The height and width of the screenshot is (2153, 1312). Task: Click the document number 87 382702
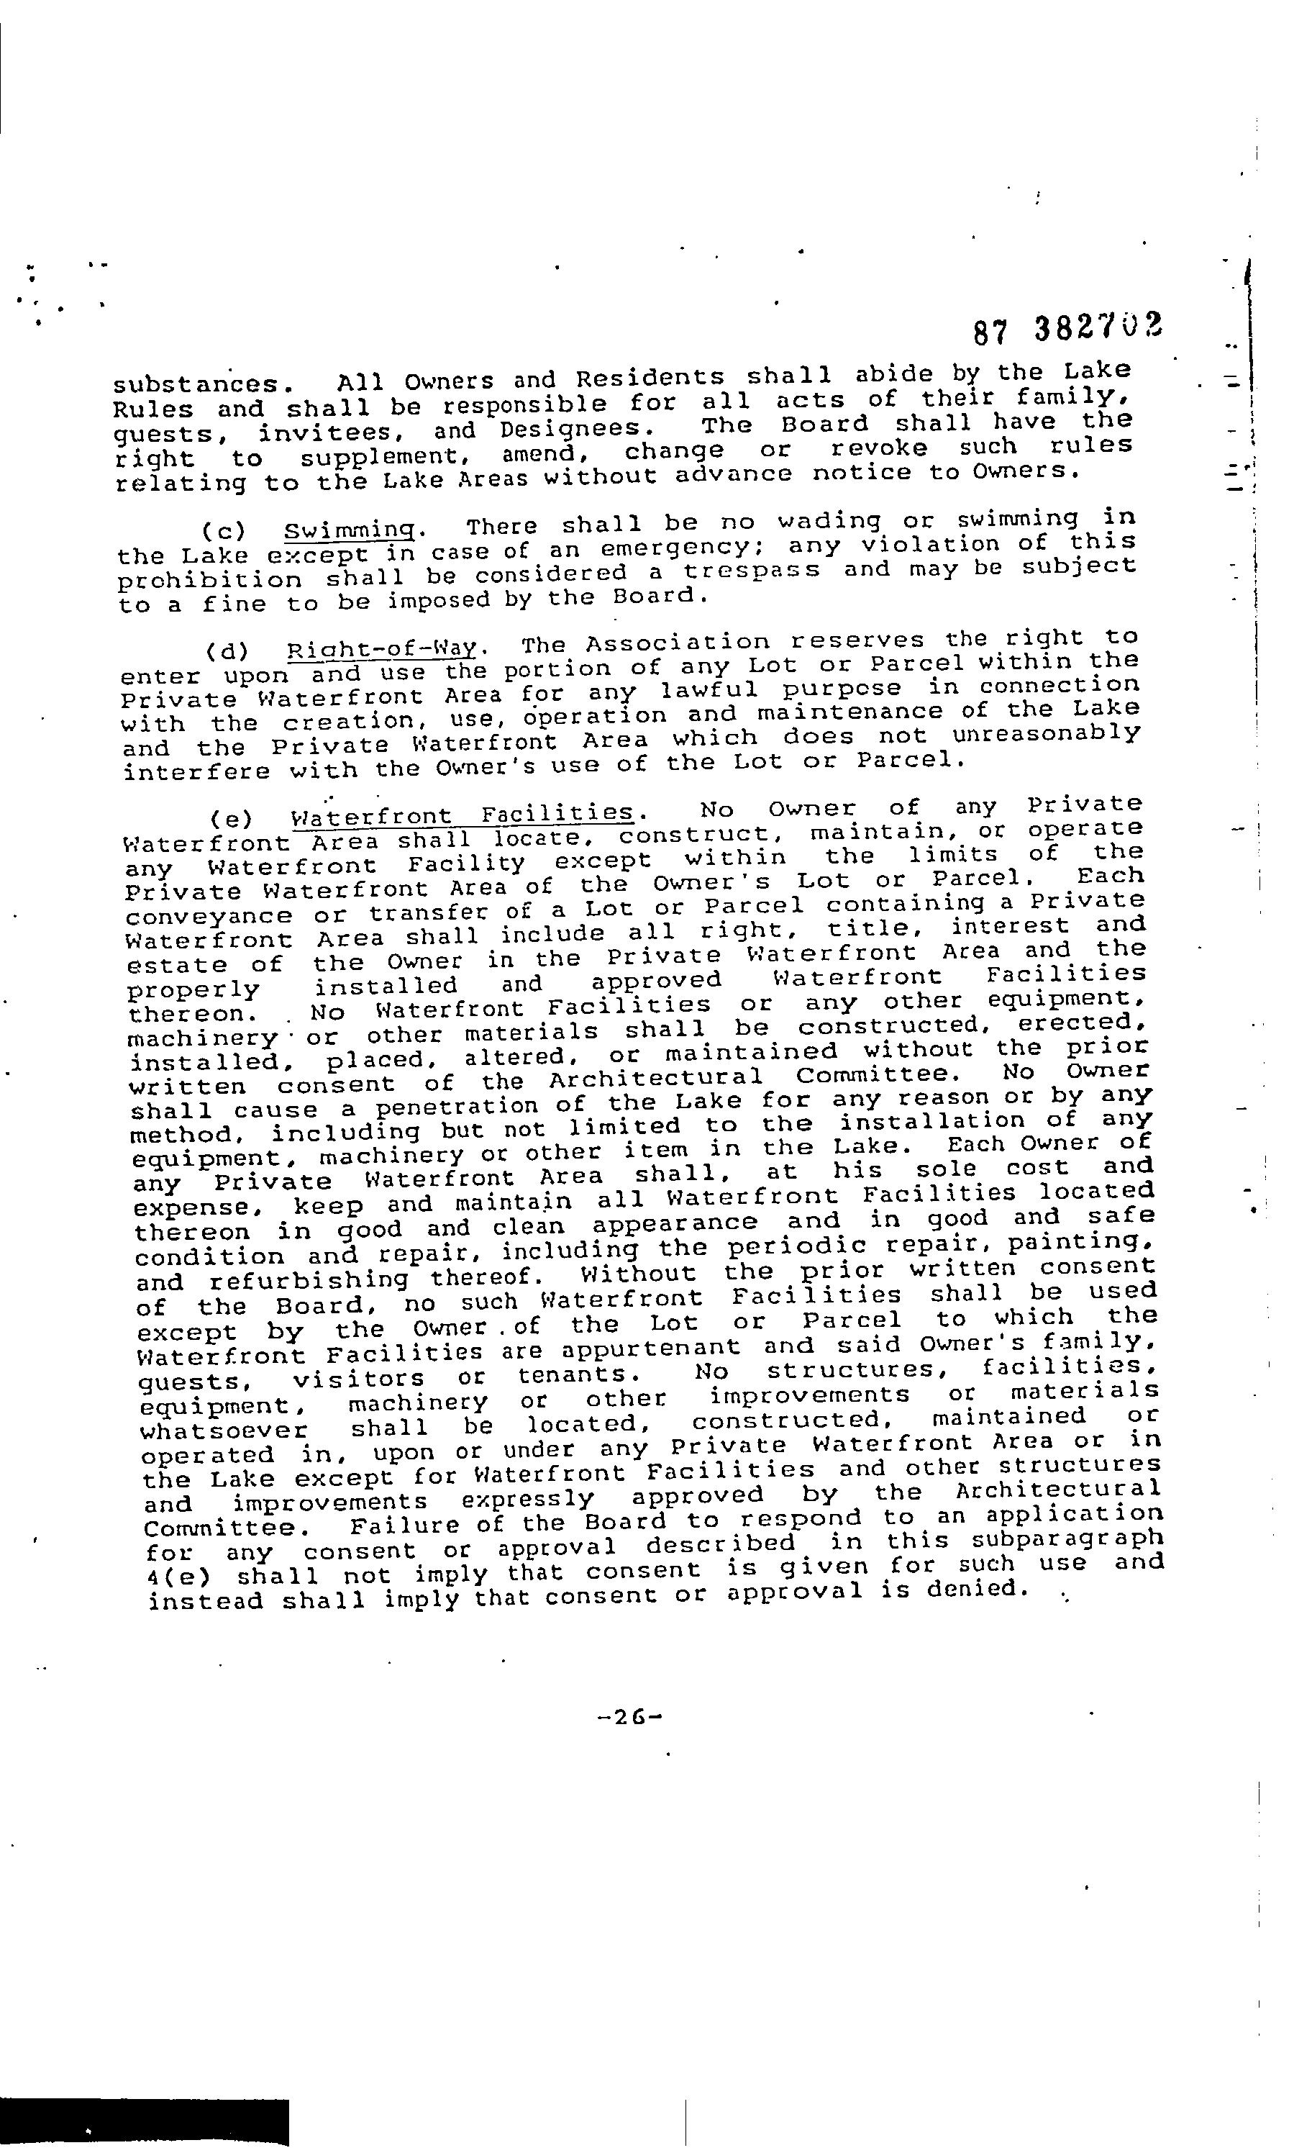[x=1067, y=330]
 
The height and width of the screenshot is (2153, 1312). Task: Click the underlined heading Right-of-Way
[x=383, y=650]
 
